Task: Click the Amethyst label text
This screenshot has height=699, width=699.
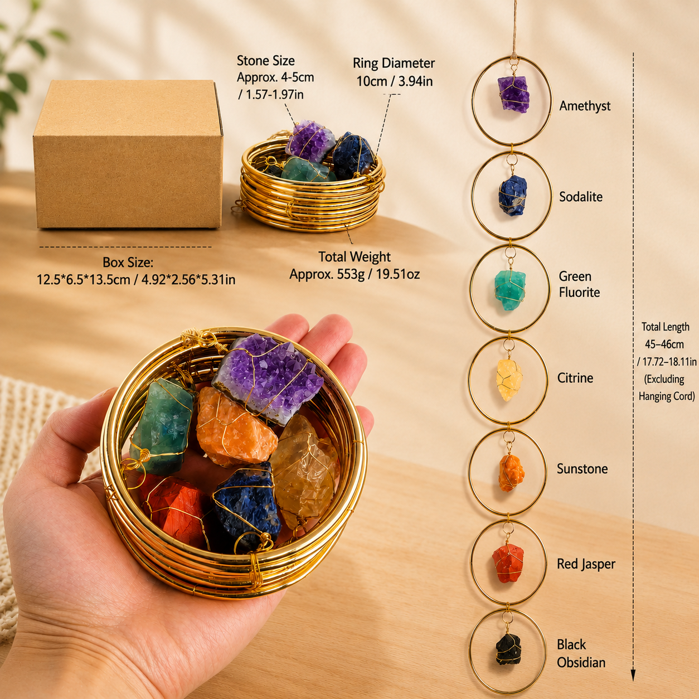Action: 585,106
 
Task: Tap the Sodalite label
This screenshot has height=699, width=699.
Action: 580,197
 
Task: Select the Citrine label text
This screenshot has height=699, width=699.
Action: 575,377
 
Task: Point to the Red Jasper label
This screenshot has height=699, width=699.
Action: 586,564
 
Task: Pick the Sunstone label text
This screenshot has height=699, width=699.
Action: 582,469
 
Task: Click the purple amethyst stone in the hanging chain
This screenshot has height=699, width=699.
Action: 513,94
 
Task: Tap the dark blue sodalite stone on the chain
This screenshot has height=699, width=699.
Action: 513,196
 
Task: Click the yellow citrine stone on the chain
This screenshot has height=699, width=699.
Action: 509,380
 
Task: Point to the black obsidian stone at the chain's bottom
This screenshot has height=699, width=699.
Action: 508,656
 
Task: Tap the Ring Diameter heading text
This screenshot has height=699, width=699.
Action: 394,63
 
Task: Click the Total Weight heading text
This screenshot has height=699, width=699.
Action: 355,257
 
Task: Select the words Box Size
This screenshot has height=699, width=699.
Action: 128,262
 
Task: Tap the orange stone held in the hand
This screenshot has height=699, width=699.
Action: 236,426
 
